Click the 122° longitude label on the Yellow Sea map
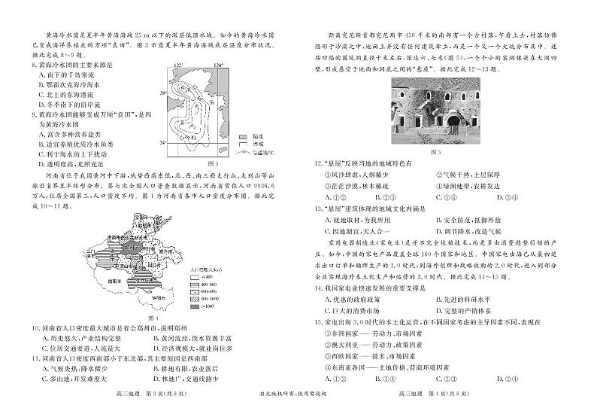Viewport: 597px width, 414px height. coord(178,66)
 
